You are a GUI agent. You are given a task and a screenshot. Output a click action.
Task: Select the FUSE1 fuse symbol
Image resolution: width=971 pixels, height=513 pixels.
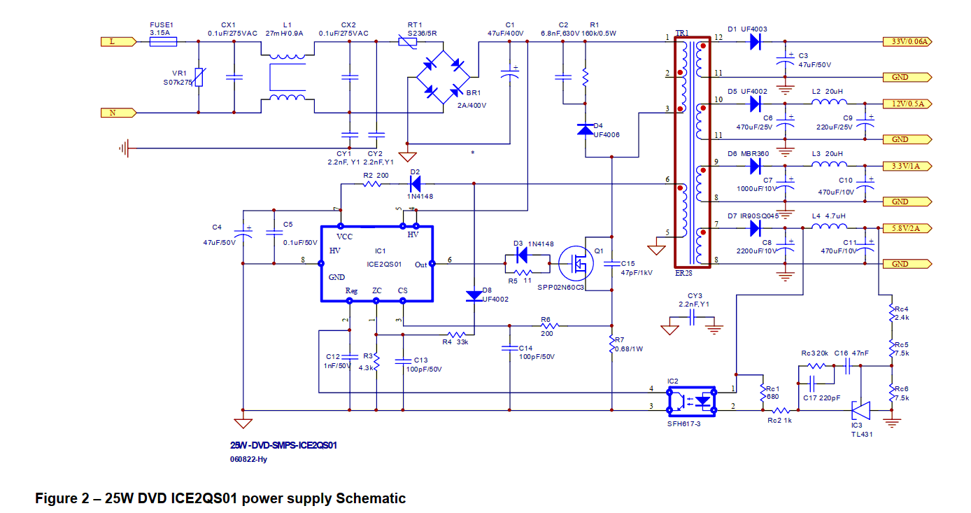tap(163, 42)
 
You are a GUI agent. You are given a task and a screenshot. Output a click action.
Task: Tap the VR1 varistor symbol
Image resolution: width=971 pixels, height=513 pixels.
tap(199, 77)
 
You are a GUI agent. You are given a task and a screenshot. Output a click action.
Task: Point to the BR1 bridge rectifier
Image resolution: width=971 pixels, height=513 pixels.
tap(444, 77)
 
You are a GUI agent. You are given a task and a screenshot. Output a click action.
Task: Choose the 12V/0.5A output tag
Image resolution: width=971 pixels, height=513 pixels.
tap(908, 104)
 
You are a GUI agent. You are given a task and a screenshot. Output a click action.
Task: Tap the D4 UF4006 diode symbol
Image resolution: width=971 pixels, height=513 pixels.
tap(585, 129)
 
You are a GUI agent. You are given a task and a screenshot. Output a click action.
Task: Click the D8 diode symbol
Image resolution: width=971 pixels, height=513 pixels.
tap(474, 295)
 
